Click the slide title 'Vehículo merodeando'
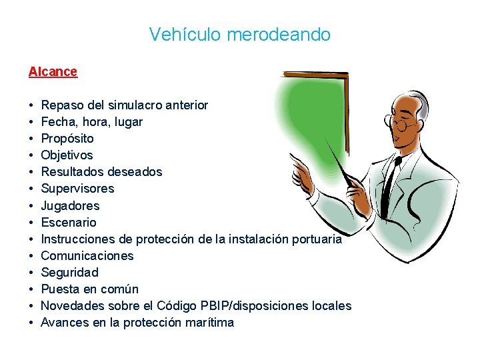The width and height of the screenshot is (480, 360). (x=239, y=34)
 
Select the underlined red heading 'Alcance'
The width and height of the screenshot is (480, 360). (x=53, y=71)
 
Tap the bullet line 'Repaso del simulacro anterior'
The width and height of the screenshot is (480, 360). (x=125, y=105)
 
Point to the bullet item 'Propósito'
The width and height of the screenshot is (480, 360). (x=67, y=139)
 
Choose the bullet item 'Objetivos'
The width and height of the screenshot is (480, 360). (x=67, y=155)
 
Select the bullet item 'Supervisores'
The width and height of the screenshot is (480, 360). (x=77, y=189)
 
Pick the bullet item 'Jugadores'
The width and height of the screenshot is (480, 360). (x=70, y=206)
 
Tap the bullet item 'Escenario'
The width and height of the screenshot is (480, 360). (x=69, y=223)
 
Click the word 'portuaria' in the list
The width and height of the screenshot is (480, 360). (x=315, y=239)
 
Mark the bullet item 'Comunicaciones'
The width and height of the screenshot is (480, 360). (x=87, y=256)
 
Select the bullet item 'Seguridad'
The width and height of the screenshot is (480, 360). (x=69, y=273)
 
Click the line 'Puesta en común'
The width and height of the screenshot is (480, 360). (x=90, y=289)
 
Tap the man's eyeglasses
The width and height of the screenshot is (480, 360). (x=403, y=124)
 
